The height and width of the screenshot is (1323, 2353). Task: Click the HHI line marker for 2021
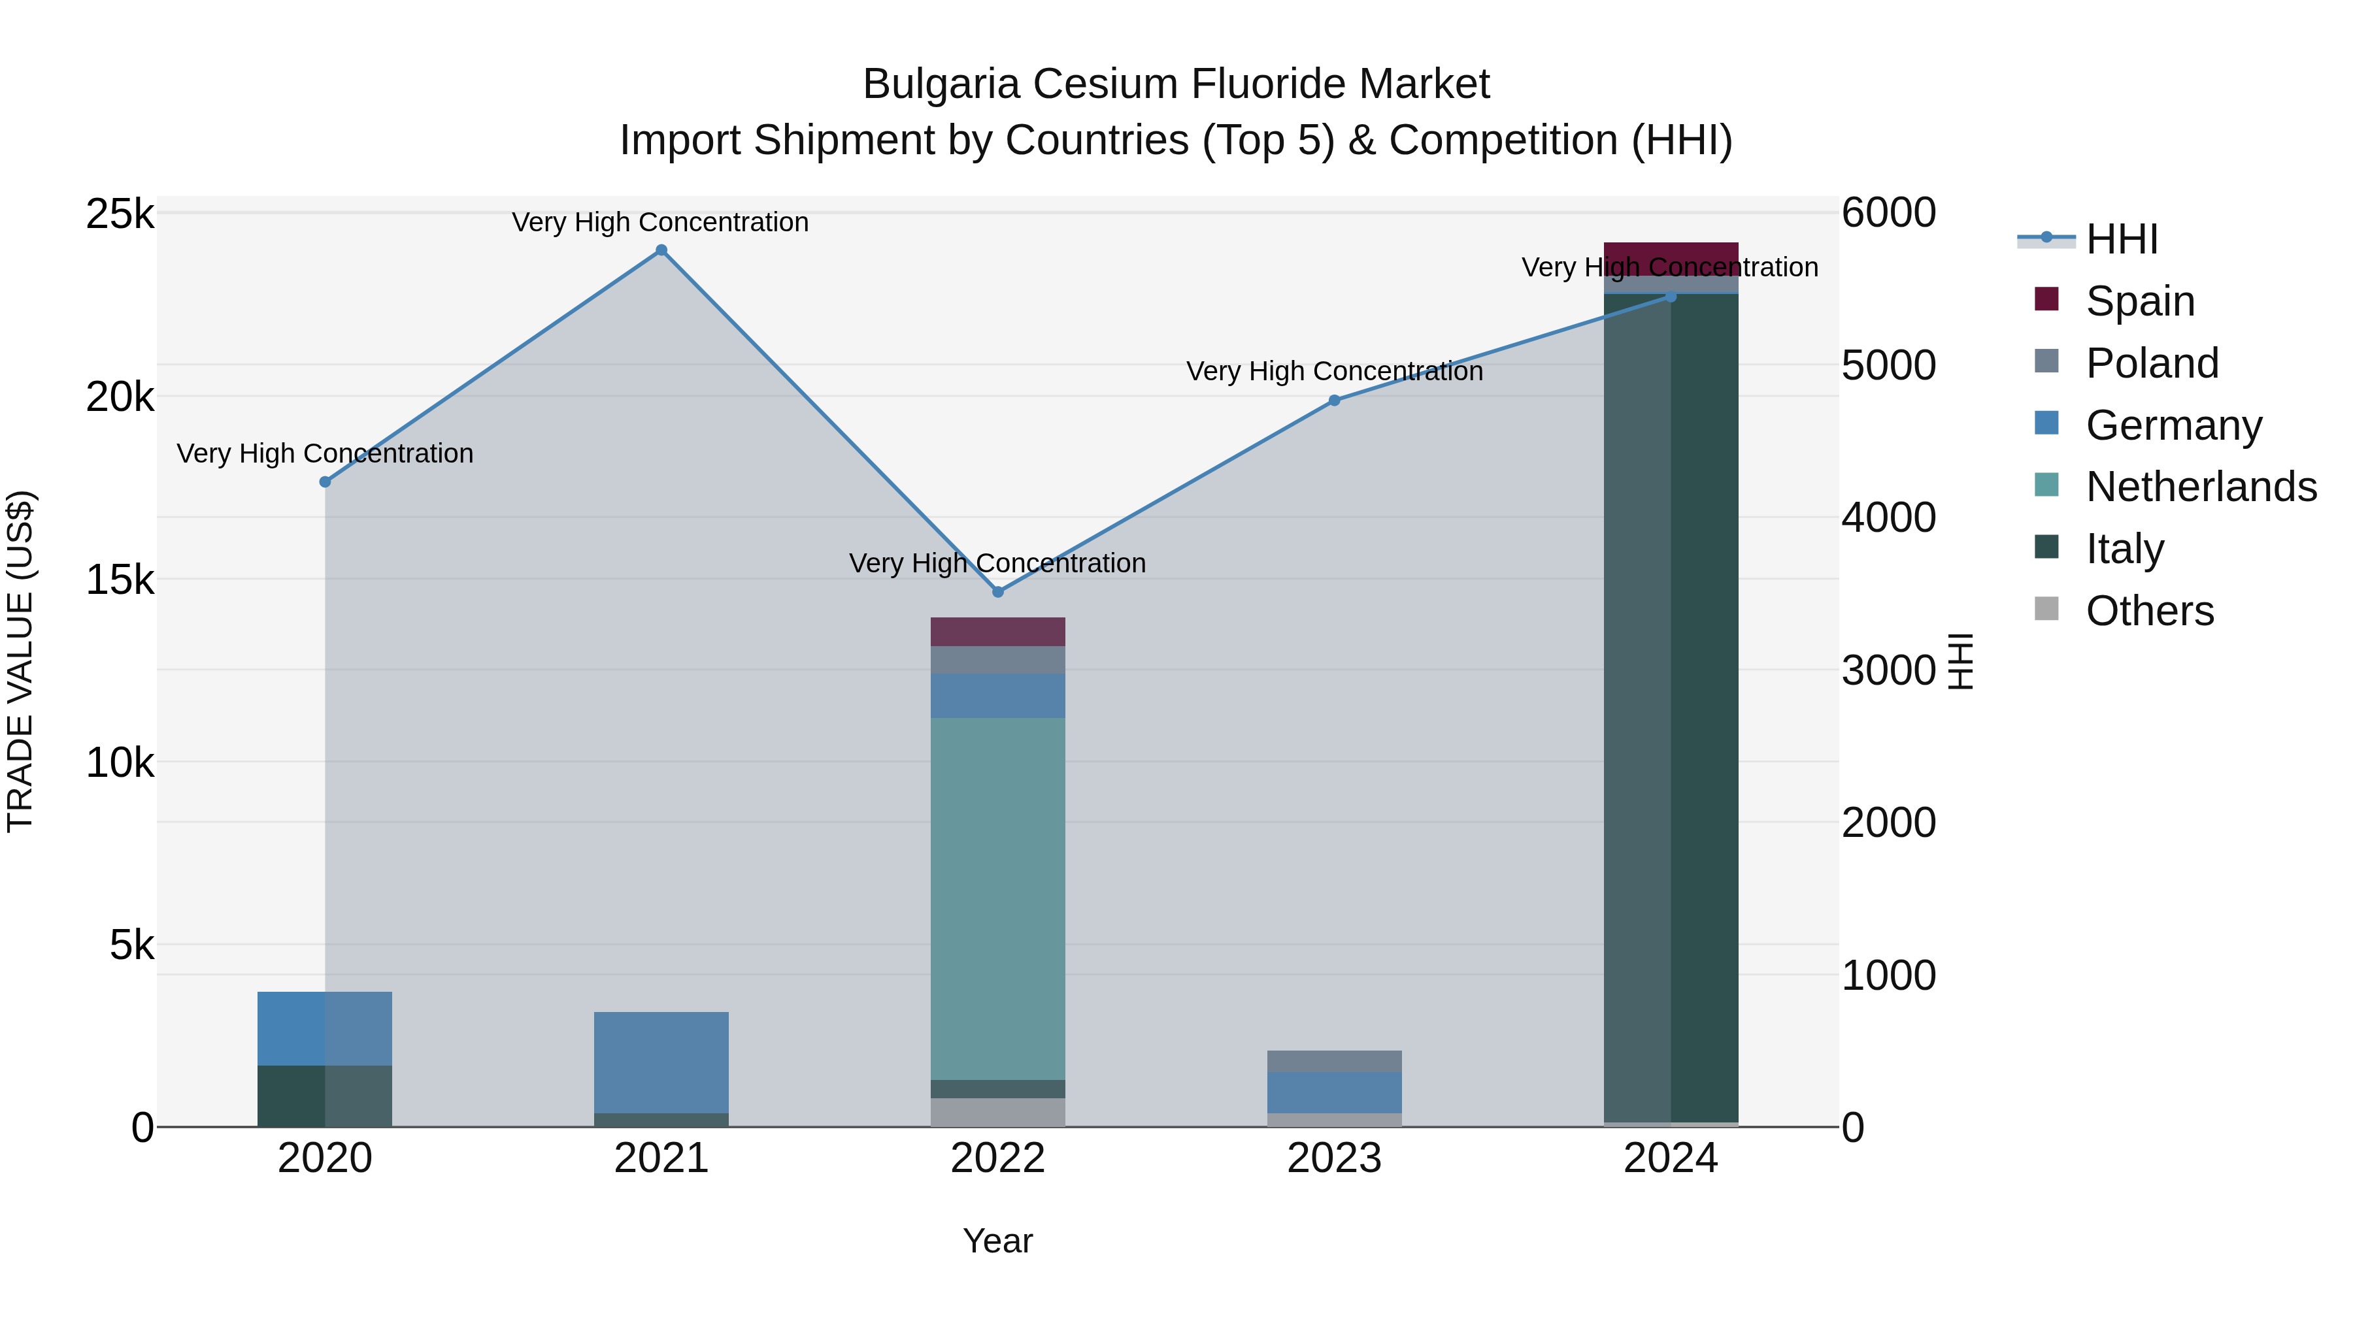[x=661, y=250]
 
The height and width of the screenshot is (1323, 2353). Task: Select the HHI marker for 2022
[x=997, y=592]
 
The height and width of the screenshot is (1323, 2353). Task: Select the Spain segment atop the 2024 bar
[x=1671, y=258]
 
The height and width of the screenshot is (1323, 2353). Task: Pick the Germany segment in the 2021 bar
[x=661, y=1062]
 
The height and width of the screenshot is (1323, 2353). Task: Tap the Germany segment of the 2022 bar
[x=997, y=696]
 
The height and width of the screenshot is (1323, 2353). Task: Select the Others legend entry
[x=2149, y=611]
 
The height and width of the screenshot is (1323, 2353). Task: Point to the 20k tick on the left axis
[x=120, y=397]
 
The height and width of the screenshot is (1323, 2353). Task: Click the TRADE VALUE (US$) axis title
[x=20, y=661]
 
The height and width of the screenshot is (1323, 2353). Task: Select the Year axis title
[x=997, y=1241]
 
